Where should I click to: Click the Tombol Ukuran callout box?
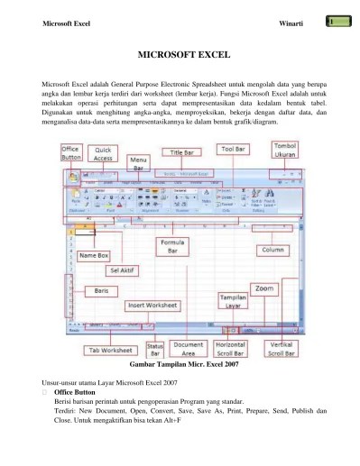pos(284,149)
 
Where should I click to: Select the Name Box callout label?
pos(94,255)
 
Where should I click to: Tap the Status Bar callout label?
pos(154,347)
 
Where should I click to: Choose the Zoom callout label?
pos(263,288)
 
